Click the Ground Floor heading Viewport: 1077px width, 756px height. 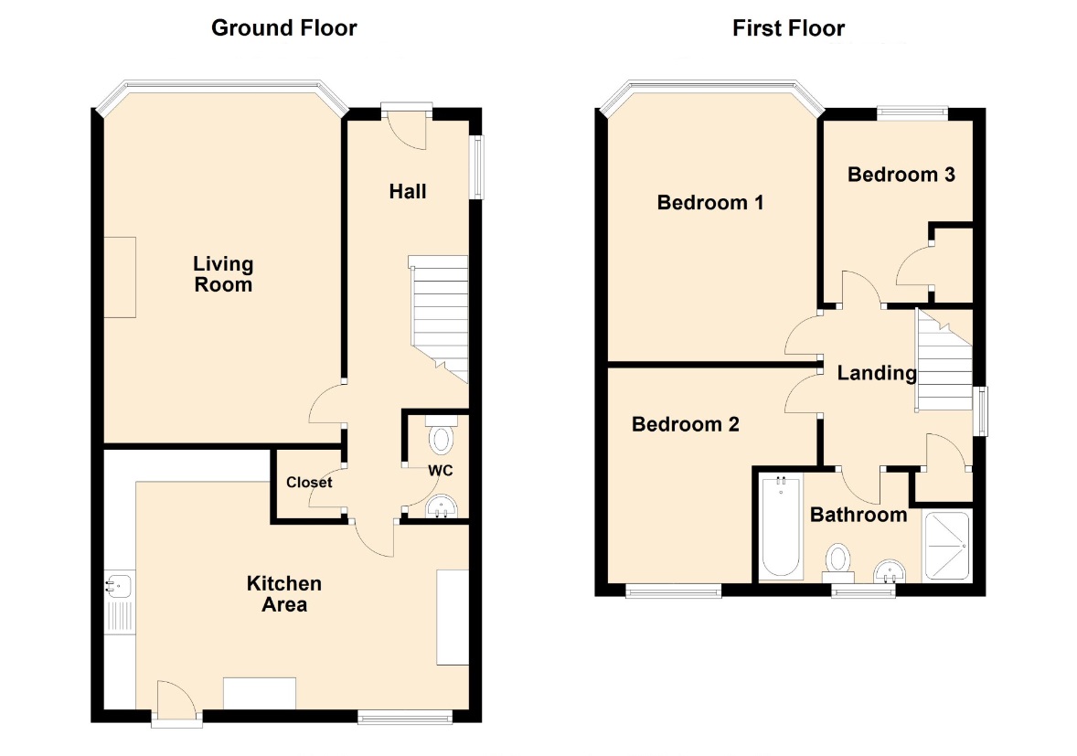pyautogui.click(x=283, y=28)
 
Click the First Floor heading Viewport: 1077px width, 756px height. pyautogui.click(x=788, y=28)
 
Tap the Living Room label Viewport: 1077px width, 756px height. pyautogui.click(x=223, y=274)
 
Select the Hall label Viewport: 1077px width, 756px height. pyautogui.click(x=408, y=192)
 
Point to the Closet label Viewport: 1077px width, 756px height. pyautogui.click(x=309, y=483)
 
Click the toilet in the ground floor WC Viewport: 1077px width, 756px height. pyautogui.click(x=441, y=434)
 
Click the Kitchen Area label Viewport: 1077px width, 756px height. pyautogui.click(x=284, y=594)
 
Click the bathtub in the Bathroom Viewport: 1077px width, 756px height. pyautogui.click(x=781, y=527)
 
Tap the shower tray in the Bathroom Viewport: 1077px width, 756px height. pyautogui.click(x=947, y=546)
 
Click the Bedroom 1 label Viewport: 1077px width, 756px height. pyautogui.click(x=710, y=203)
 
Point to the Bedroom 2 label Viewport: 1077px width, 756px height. pyautogui.click(x=686, y=424)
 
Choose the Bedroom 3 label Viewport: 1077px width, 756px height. pyautogui.click(x=901, y=175)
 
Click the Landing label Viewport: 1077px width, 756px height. pyautogui.click(x=877, y=373)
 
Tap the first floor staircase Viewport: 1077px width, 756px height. pyautogui.click(x=944, y=360)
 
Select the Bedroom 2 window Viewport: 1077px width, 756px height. pyautogui.click(x=674, y=591)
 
